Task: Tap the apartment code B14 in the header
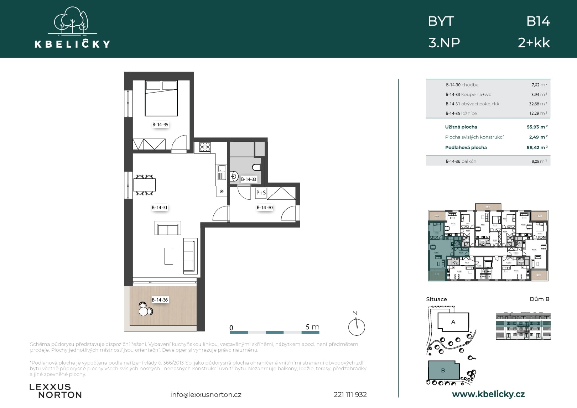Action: (538, 22)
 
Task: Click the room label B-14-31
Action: (160, 208)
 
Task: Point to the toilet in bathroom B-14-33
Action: (257, 167)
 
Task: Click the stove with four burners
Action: (205, 147)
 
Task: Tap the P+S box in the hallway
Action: (261, 193)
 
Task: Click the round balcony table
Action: (144, 311)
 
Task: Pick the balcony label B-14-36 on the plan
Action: (160, 300)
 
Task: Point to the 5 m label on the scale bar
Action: (312, 327)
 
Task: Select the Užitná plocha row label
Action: (461, 127)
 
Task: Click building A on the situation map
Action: (453, 322)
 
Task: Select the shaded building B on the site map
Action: (443, 371)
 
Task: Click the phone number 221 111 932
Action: (350, 394)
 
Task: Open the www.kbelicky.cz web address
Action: (488, 394)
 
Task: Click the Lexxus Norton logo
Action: (55, 391)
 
